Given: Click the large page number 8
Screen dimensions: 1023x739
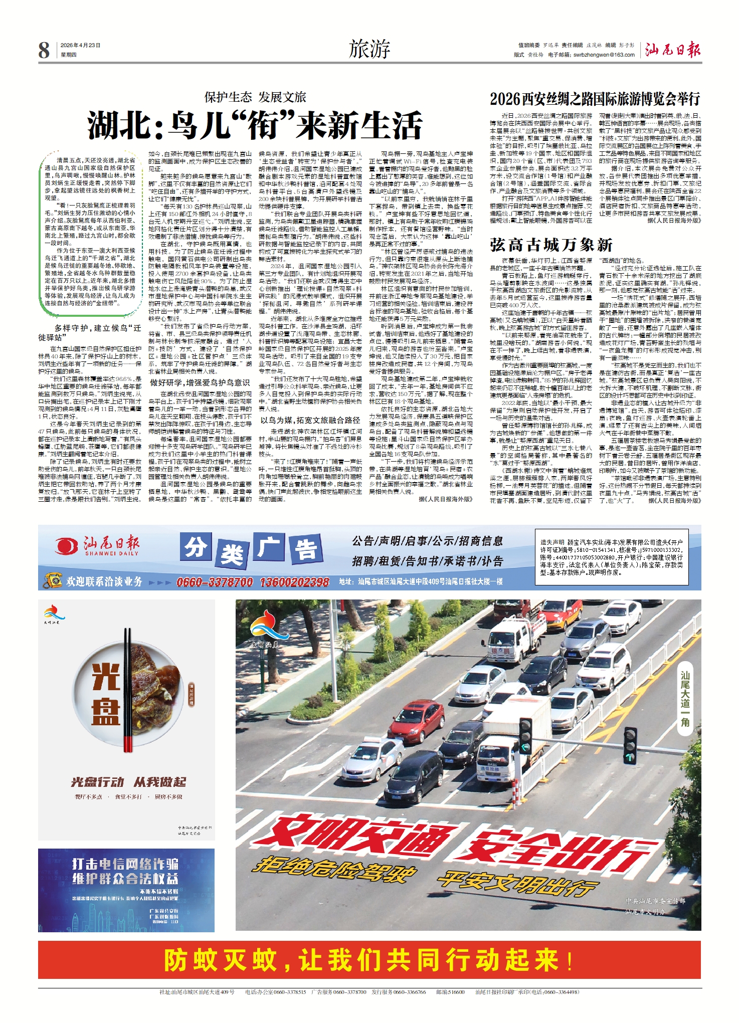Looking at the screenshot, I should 44,50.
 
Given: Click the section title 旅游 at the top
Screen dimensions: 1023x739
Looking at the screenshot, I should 369,50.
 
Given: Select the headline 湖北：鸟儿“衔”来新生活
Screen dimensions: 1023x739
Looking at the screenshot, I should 255,125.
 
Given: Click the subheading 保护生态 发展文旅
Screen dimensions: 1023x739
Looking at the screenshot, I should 255,97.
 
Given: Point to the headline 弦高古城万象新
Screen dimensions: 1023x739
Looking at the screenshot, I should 551,245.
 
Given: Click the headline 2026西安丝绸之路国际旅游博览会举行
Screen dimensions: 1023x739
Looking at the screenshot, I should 595,99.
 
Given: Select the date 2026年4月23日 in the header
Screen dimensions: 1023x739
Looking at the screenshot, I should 80,45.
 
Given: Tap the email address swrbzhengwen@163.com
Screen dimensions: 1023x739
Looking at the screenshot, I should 604,55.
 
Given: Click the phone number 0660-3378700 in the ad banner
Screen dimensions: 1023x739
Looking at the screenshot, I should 215,582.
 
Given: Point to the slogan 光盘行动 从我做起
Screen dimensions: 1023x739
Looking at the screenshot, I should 128,781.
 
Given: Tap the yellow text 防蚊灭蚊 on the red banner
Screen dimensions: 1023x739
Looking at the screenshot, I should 221,960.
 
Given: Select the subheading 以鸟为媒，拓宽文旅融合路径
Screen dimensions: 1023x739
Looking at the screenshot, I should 310,420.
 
